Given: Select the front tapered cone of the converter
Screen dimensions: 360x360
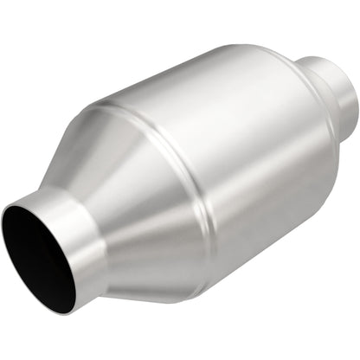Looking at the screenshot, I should tap(130, 199).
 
